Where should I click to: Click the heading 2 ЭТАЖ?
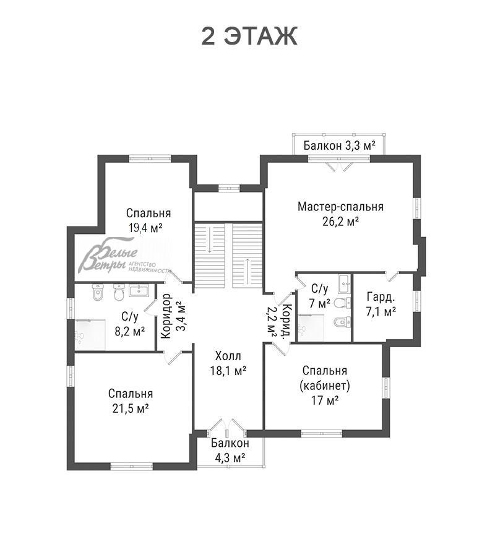pos(249,37)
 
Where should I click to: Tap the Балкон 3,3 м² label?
pos(340,145)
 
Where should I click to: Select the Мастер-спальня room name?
pos(340,206)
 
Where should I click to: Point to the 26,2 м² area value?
pos(340,222)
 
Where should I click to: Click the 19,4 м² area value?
pos(145,228)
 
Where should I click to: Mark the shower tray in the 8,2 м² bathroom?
pos(90,335)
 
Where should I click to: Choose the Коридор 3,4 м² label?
pos(173,316)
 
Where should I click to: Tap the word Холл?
pos(228,356)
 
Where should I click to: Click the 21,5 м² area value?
pos(131,408)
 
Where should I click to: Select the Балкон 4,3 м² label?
pos(230,451)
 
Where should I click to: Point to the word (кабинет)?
pos(325,386)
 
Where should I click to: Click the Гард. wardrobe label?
pos(381,297)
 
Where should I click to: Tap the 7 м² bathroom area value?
pos(319,304)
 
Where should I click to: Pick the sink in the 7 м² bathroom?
pos(344,284)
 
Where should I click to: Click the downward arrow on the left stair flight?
pos(210,238)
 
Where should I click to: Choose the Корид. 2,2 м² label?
pos(279,321)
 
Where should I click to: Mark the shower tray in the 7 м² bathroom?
pos(311,327)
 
